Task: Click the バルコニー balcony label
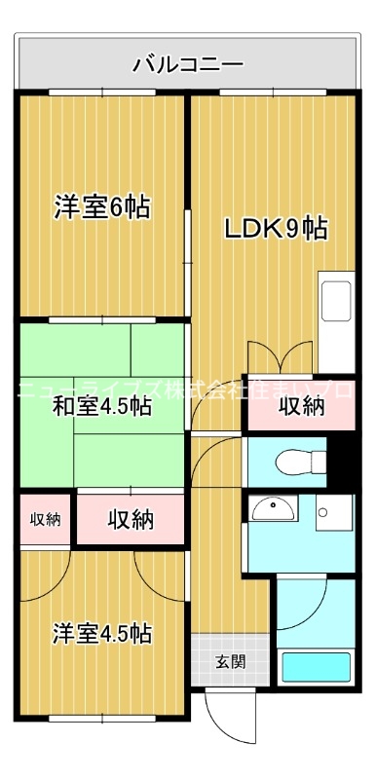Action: point(188,65)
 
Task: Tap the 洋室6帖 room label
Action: point(101,207)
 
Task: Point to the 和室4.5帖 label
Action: point(101,407)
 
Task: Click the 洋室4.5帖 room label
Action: point(101,633)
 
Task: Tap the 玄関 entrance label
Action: point(230,662)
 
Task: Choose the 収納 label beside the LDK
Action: point(301,407)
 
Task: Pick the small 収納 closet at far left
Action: point(44,518)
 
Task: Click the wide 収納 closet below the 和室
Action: point(131,519)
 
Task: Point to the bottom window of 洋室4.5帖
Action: point(101,719)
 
